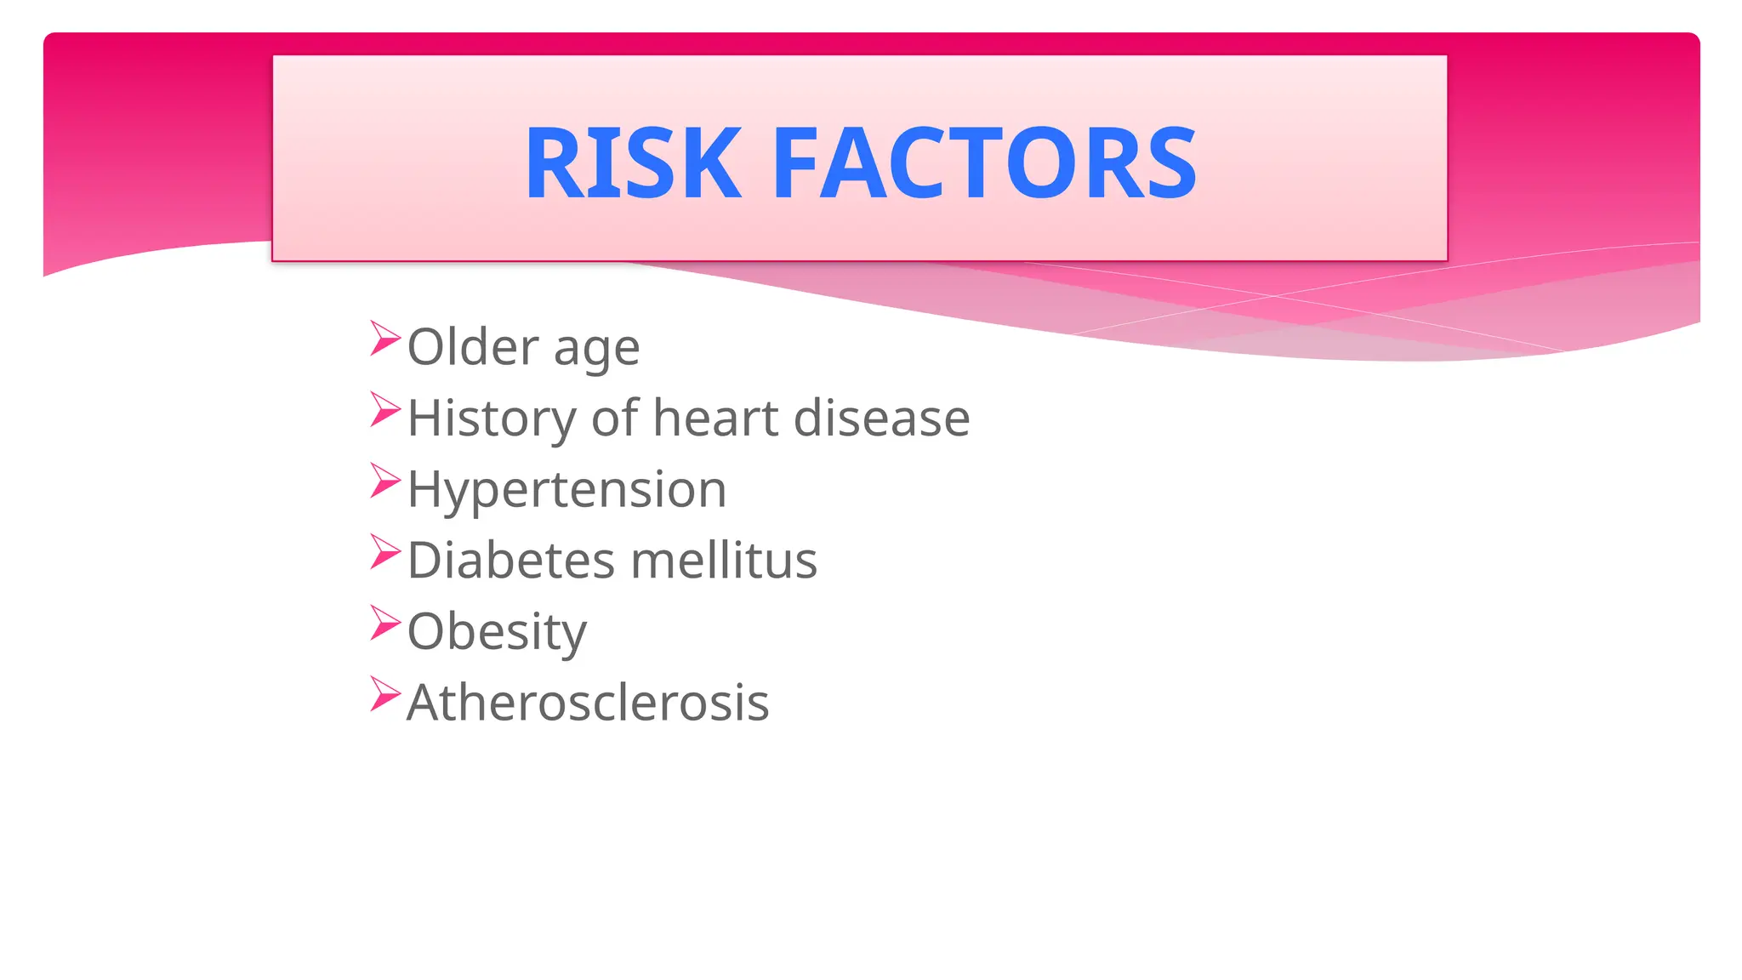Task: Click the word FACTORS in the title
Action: (x=985, y=163)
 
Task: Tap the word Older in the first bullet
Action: (x=473, y=347)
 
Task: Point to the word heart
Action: (x=715, y=419)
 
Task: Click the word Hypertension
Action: (x=566, y=491)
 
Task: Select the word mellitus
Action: (x=724, y=561)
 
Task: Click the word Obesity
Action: (x=497, y=633)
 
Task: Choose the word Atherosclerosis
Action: (x=588, y=704)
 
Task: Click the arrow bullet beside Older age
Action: (x=384, y=339)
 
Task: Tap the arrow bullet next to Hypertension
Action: (x=384, y=481)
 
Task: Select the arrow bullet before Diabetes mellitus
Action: (x=384, y=552)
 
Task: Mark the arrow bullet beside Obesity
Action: (x=384, y=623)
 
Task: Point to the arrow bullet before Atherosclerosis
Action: (x=384, y=694)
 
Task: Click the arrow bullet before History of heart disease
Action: (x=384, y=410)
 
